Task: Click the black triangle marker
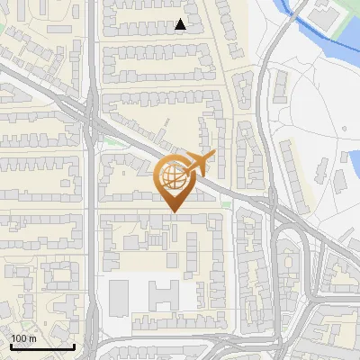181,24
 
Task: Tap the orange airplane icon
199,163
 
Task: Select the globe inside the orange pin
173,177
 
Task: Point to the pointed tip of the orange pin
173,211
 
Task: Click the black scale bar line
42,346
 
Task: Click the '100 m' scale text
23,338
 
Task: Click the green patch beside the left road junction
111,141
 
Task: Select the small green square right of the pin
226,205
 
